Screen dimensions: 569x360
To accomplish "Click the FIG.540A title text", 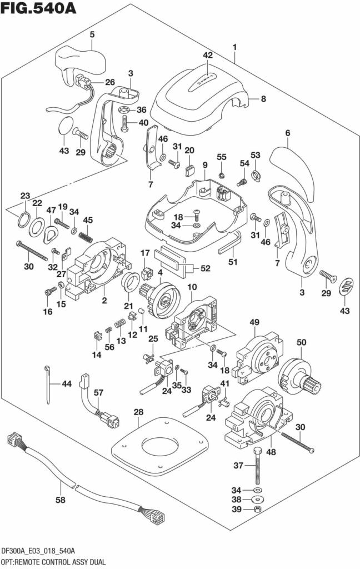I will coord(38,9).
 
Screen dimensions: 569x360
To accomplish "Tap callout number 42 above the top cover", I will coord(207,56).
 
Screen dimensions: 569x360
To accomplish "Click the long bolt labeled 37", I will coord(257,467).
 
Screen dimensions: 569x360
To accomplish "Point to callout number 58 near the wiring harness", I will coord(60,500).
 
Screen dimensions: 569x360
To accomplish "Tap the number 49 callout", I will coord(254,322).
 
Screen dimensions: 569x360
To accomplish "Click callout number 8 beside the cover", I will coord(263,99).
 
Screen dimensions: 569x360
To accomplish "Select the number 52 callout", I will coord(206,268).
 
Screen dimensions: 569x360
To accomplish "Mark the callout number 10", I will coord(192,287).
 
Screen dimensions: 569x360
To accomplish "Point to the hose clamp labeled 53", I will coord(256,177).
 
